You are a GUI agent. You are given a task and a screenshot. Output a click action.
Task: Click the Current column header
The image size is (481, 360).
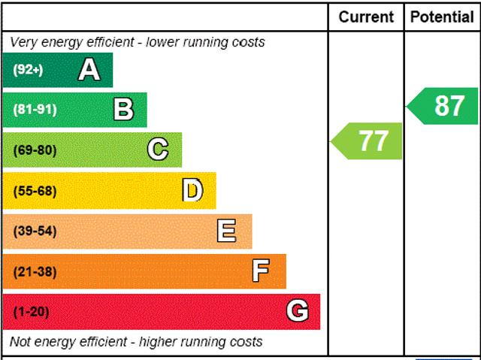366,17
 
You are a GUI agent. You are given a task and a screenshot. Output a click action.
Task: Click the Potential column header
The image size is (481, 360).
443,17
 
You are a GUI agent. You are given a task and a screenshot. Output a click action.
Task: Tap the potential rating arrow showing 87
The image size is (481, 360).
444,106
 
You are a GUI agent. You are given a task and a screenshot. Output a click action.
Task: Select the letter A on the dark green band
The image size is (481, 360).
89,70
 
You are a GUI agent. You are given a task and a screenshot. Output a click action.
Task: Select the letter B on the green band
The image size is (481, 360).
123,110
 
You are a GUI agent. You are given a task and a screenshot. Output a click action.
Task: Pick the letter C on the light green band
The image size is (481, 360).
158,150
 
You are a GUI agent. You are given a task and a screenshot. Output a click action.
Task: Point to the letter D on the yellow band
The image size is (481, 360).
192,190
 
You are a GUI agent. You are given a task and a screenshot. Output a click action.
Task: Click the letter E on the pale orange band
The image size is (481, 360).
226,231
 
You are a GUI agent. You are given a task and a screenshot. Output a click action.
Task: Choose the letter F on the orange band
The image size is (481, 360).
261,271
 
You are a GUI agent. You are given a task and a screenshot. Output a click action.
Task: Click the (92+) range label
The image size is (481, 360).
29,70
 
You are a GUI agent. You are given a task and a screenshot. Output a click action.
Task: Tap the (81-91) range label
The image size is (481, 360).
35,110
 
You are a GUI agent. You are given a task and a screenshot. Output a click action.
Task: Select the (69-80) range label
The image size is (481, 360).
35,150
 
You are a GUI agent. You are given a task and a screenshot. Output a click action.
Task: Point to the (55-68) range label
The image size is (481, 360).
35,191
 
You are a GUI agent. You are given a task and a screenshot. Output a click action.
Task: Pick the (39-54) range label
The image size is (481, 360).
35,231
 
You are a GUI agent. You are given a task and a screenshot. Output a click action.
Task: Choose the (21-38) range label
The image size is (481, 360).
35,271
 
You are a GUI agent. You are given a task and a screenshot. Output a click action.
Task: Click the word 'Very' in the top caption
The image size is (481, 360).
23,42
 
